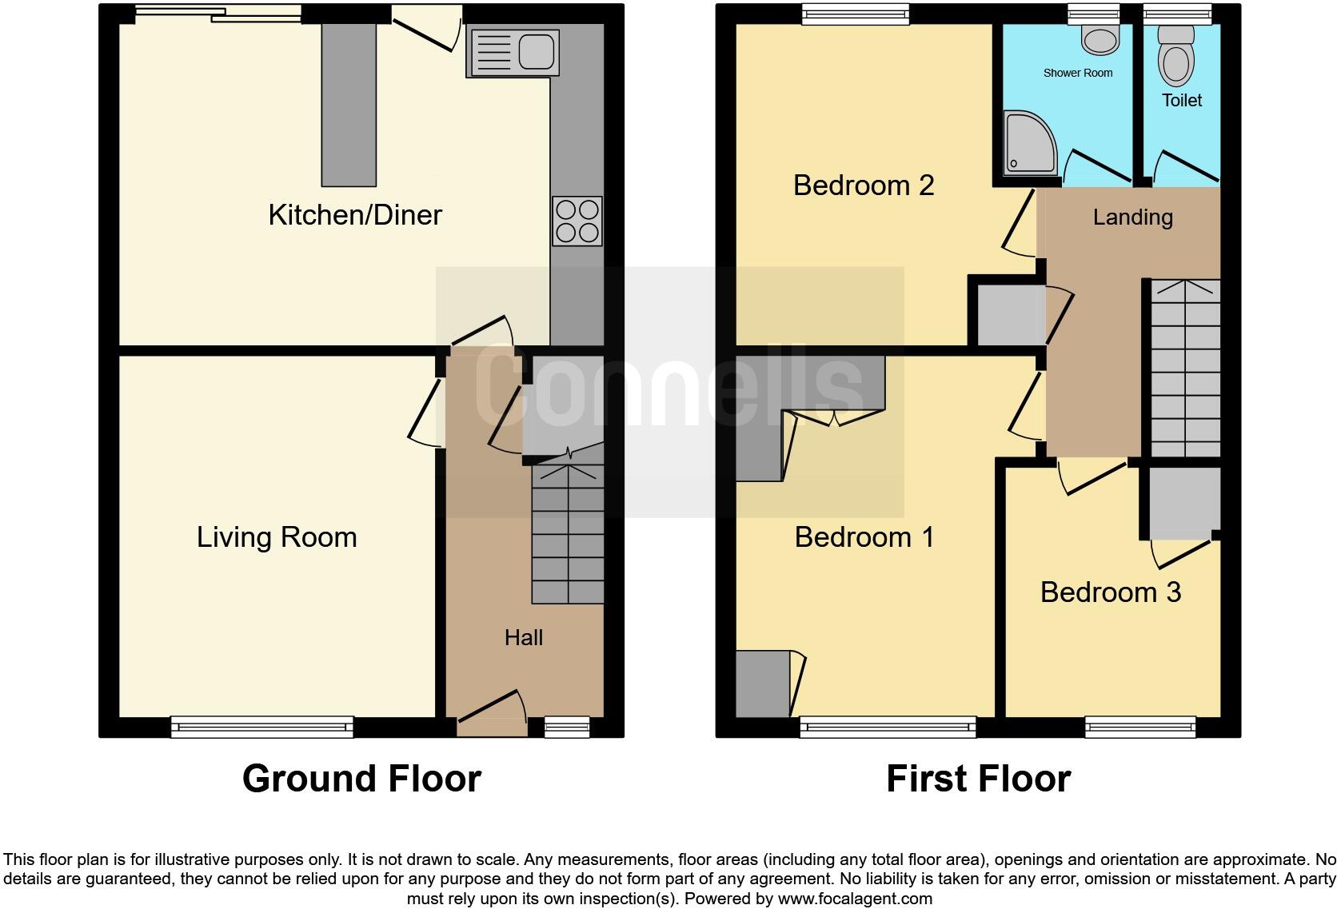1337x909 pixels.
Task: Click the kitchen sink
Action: tap(513, 54)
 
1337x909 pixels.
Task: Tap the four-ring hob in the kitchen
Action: tap(577, 221)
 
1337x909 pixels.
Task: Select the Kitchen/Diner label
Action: tap(354, 215)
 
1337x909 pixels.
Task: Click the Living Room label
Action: tap(277, 537)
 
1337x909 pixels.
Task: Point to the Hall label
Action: tap(524, 637)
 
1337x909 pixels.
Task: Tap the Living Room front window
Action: tap(262, 726)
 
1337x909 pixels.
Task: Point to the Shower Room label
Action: tap(1077, 73)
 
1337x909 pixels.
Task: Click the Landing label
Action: tap(1132, 217)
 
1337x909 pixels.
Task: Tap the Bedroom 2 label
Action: tap(864, 185)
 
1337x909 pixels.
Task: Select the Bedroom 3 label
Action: tap(1110, 592)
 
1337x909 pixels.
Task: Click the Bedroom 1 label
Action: tap(864, 537)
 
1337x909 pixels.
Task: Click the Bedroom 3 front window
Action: tap(1139, 726)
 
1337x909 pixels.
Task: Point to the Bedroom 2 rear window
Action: tap(856, 12)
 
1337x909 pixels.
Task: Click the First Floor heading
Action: tap(977, 779)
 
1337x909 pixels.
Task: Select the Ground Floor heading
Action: tap(361, 779)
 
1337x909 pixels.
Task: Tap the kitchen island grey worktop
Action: tap(349, 104)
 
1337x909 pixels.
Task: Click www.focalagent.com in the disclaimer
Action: tap(854, 899)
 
